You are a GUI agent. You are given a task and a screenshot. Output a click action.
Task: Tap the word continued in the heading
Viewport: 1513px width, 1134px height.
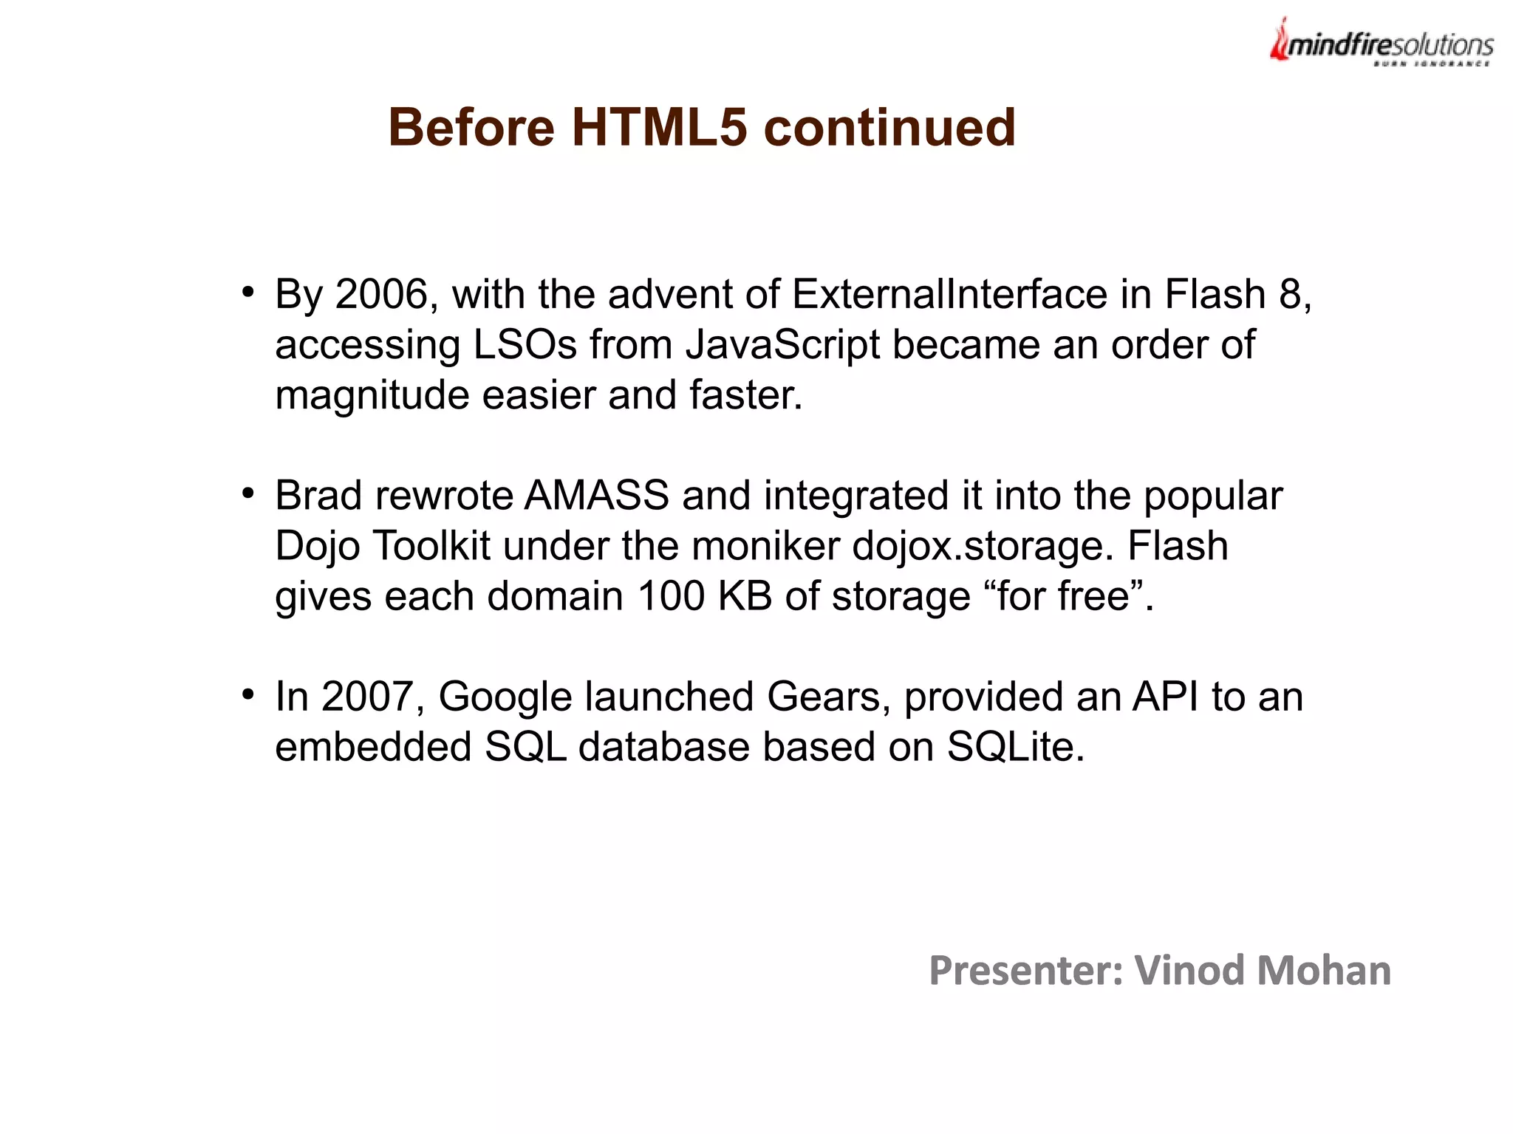coord(889,127)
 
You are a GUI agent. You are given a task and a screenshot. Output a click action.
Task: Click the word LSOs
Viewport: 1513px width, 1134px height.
coord(525,344)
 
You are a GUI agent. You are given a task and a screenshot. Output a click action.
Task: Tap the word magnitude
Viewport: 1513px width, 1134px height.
coord(372,394)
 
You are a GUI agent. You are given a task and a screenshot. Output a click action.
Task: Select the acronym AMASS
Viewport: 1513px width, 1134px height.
coord(596,495)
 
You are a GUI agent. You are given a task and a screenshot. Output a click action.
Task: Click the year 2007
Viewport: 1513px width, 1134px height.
coord(367,697)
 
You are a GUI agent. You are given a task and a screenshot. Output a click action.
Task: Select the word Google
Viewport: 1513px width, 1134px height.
coord(505,697)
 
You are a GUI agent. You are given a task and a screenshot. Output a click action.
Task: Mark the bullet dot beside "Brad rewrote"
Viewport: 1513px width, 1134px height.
coord(248,493)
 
